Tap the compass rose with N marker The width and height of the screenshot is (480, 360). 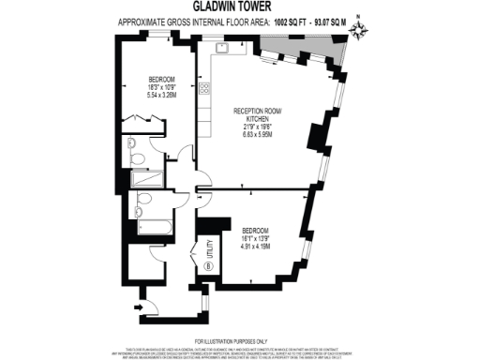[x=358, y=31]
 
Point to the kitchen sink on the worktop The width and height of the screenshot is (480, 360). [x=223, y=46]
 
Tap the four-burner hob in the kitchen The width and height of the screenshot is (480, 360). [x=204, y=88]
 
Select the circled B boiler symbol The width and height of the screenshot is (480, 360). [x=206, y=264]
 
